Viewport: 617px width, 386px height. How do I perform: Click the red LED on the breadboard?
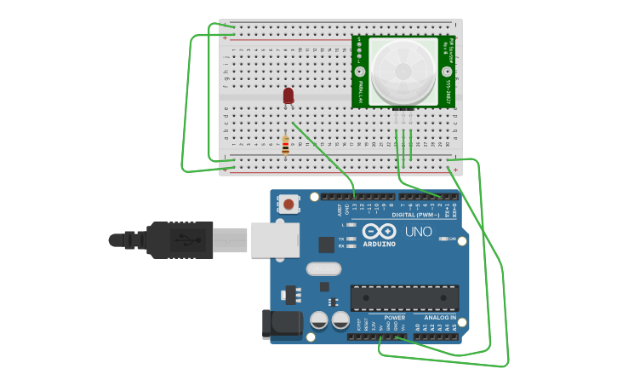pos(289,95)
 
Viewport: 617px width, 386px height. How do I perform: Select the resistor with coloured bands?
pos(285,146)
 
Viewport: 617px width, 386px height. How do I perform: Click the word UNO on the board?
pos(418,232)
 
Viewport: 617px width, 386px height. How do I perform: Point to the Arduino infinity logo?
pos(379,230)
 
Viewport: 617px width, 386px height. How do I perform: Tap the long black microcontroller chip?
pos(404,297)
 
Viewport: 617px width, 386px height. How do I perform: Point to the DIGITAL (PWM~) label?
pos(414,215)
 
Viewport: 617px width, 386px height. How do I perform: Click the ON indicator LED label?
pos(453,239)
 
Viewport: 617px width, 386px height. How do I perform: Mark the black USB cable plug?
pos(180,239)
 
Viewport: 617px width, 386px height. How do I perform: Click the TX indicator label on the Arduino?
pos(341,239)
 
